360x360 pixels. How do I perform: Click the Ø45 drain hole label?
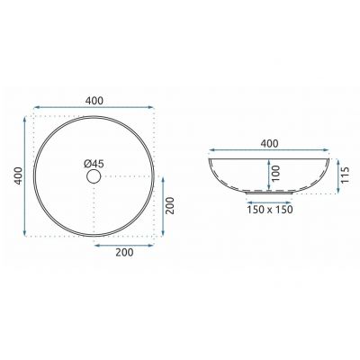point(94,164)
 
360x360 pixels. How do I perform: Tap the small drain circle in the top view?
point(94,176)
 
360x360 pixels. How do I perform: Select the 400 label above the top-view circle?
point(94,101)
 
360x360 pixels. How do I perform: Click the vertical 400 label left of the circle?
point(19,175)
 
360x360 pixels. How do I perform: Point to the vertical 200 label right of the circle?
point(170,205)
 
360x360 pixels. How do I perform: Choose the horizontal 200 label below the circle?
point(124,253)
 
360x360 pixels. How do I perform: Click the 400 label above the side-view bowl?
point(269,144)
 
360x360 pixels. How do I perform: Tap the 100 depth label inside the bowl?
point(276,174)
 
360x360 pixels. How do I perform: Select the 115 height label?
point(346,175)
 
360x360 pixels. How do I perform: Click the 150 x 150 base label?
point(270,210)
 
